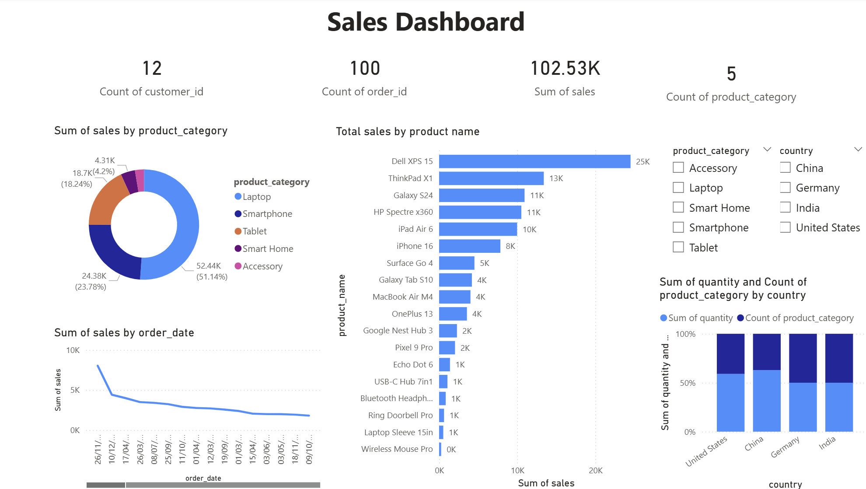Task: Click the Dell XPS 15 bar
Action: pos(534,161)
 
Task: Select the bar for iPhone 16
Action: pos(469,246)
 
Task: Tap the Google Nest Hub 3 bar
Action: pos(448,331)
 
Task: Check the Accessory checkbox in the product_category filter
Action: pos(678,168)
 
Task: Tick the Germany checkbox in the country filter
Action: pos(785,188)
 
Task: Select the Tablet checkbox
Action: pos(678,248)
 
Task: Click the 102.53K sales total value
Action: pos(565,68)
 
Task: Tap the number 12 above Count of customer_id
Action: pos(152,68)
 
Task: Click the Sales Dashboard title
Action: pos(426,22)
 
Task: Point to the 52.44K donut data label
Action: pos(209,266)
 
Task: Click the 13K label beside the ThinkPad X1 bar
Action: pos(556,178)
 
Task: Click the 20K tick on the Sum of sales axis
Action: pos(595,471)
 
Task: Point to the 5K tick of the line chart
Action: pos(75,390)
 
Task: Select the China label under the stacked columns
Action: pos(754,444)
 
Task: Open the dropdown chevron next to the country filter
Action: pos(858,150)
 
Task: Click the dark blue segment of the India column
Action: pos(838,358)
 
